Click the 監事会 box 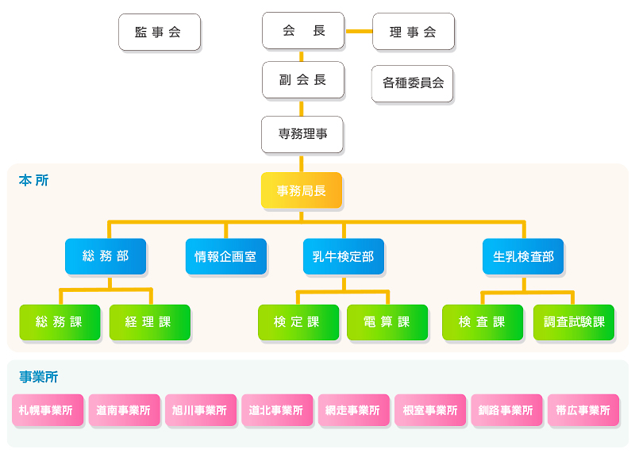click(x=160, y=32)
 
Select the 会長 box click(x=303, y=31)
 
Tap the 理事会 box click(x=414, y=32)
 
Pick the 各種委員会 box click(x=412, y=83)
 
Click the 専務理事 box click(x=302, y=134)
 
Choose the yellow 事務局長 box click(x=302, y=190)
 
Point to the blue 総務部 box click(x=106, y=256)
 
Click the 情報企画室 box click(x=226, y=256)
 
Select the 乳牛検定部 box click(x=344, y=256)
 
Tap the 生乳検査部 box click(x=523, y=256)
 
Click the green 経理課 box click(x=150, y=322)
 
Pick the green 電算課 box click(x=387, y=322)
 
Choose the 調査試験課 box click(x=574, y=322)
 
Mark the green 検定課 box click(x=298, y=322)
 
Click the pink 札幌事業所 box click(x=48, y=410)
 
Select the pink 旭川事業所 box click(x=201, y=410)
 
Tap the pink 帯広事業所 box click(x=583, y=410)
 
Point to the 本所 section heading click(x=33, y=180)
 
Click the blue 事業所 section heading click(x=38, y=377)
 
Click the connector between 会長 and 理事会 click(x=359, y=31)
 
